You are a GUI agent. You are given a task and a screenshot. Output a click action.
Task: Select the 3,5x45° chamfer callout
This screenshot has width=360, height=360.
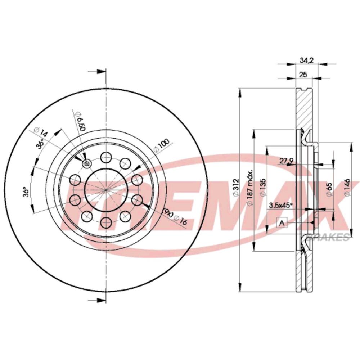[281, 205]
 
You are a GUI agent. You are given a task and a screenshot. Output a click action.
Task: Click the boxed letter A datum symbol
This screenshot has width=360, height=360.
[282, 223]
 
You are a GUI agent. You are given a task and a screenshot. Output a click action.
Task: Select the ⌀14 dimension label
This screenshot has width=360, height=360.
[40, 131]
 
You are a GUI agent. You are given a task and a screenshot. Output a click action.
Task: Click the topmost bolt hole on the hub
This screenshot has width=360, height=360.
[106, 157]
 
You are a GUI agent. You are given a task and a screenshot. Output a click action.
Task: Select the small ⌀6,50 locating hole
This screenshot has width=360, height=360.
[87, 164]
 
